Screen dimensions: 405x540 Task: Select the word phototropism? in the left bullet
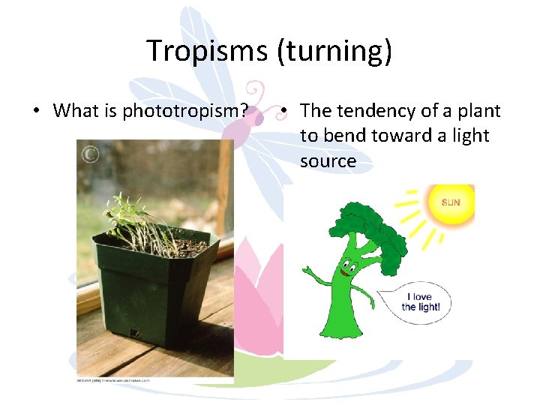click(x=186, y=111)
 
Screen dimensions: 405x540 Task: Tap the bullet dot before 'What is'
click(x=35, y=112)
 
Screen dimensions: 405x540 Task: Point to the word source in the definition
click(x=328, y=161)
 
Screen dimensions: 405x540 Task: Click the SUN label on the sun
click(x=451, y=202)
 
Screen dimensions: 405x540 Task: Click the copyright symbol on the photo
click(x=90, y=154)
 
